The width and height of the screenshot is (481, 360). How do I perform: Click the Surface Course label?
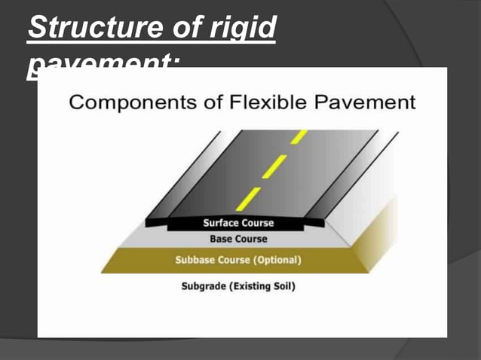pyautogui.click(x=238, y=224)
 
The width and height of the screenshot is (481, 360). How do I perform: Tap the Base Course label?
pyautogui.click(x=238, y=239)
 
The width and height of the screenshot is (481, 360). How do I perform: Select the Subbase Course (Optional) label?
pyautogui.click(x=238, y=261)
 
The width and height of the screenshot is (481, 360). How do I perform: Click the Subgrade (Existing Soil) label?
pyautogui.click(x=238, y=287)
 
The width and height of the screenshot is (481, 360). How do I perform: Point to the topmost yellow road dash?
pyautogui.click(x=299, y=136)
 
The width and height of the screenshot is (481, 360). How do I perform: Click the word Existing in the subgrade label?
pyautogui.click(x=251, y=287)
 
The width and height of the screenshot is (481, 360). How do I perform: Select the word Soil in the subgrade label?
pyautogui.click(x=283, y=287)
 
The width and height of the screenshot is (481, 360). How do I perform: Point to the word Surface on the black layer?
pyautogui.click(x=221, y=224)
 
